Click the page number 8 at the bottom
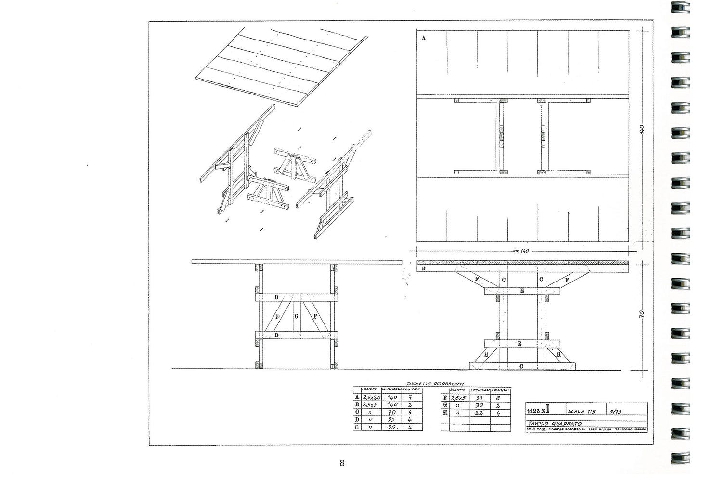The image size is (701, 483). [x=342, y=463]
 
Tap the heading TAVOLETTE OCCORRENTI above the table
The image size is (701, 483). [x=435, y=383]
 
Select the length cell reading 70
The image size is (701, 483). [x=391, y=413]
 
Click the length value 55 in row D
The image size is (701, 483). [x=391, y=420]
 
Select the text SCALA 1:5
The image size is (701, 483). [x=582, y=412]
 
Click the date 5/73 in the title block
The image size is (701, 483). [x=615, y=412]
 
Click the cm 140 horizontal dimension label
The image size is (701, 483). [x=521, y=251]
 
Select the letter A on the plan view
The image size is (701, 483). [x=424, y=38]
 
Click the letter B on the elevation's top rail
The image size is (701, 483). [x=423, y=268]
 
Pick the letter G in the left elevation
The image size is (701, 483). [x=296, y=316]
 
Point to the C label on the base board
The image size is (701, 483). [x=521, y=366]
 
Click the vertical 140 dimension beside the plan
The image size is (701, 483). [x=641, y=129]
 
